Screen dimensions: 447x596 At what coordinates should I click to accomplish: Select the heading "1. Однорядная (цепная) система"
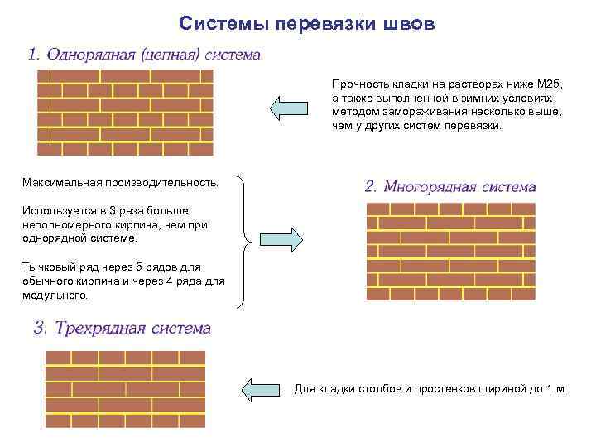[144, 55]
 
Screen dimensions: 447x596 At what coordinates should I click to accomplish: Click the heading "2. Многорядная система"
[449, 187]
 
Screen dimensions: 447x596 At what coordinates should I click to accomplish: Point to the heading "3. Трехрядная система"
[122, 328]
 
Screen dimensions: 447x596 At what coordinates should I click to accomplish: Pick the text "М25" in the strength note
[549, 84]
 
